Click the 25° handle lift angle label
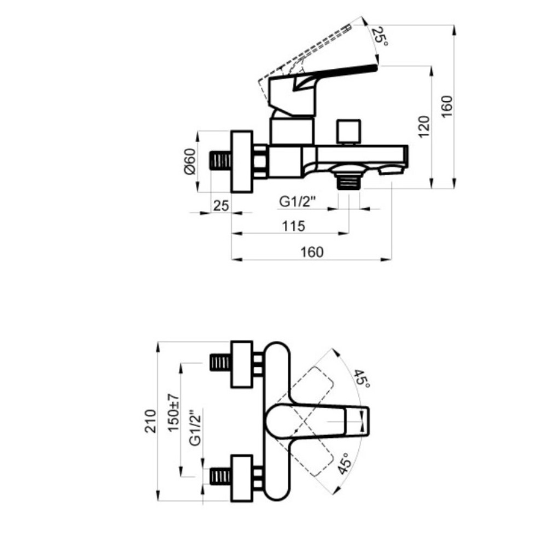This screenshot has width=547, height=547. click(379, 36)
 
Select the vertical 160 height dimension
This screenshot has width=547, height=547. click(446, 107)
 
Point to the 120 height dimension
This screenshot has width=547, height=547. click(424, 127)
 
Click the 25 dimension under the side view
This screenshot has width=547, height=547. click(221, 206)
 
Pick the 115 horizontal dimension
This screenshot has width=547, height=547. click(294, 226)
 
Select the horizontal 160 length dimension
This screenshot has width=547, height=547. click(312, 252)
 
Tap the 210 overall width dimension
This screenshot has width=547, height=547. click(150, 421)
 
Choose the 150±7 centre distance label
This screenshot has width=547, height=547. click(173, 412)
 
